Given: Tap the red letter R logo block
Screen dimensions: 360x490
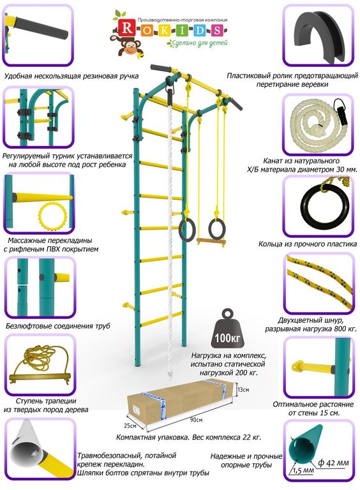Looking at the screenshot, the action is tap(127, 29).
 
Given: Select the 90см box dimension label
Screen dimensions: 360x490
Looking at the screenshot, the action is tap(196, 419).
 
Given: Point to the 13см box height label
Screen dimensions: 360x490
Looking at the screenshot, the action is tap(243, 390).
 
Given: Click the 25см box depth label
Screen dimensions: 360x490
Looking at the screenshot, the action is tap(130, 426).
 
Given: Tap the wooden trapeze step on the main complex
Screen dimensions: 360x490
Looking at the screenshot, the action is tap(211, 241).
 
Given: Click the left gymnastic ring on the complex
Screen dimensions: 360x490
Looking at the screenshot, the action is tap(188, 230).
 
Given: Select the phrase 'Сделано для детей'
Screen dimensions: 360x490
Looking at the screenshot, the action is tap(198, 43).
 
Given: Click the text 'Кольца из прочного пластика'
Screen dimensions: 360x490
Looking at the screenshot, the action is tap(308, 244).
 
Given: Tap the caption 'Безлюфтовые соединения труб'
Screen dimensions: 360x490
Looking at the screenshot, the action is tap(58, 326).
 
